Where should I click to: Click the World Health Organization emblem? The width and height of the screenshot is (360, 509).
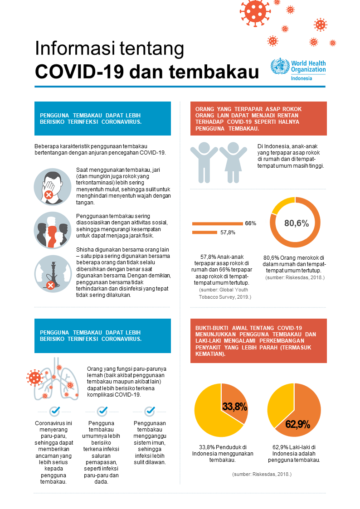tap(279, 67)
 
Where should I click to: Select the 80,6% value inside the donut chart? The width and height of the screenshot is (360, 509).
tap(296, 223)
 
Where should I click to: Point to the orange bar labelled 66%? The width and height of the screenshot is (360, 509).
tap(217, 223)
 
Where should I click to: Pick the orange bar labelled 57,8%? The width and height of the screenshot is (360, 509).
tap(204, 233)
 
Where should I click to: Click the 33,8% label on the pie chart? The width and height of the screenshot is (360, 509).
tap(234, 406)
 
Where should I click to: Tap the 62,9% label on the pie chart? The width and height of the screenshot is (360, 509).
tap(297, 424)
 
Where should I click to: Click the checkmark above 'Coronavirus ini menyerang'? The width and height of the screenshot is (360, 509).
tap(55, 411)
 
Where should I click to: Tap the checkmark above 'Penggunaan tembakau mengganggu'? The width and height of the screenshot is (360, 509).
tap(150, 411)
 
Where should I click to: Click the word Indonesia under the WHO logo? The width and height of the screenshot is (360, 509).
tap(302, 78)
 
